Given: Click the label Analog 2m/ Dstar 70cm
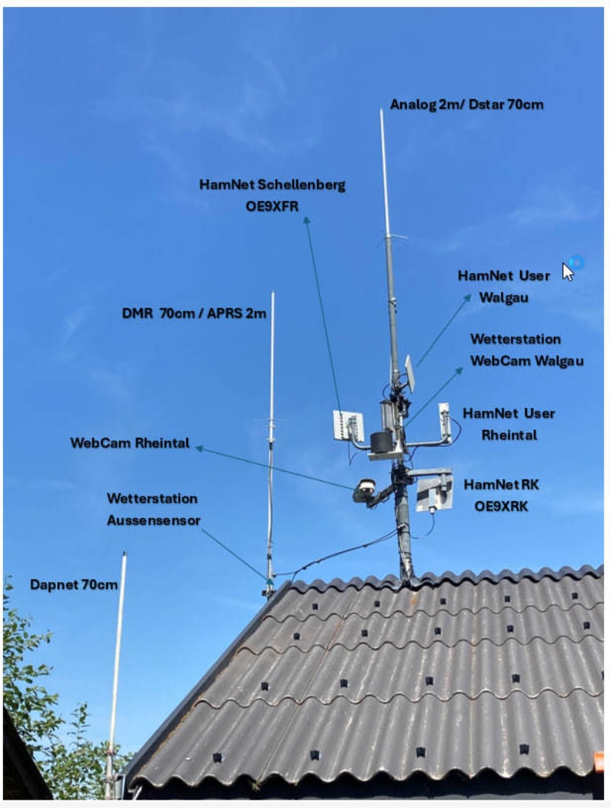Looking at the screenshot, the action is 466,105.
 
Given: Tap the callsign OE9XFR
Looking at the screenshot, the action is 272,207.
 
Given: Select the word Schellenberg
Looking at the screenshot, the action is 302,185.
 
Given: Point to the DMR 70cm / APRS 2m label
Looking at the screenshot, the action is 194,313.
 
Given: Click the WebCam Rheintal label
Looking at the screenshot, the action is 130,443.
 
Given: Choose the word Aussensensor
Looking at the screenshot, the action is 154,520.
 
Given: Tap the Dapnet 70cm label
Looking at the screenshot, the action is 73,585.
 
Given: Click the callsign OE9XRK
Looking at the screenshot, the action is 501,506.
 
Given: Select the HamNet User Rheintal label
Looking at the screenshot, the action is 509,424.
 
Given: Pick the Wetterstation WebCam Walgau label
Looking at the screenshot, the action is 526,350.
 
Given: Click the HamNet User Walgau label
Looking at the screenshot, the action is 503,286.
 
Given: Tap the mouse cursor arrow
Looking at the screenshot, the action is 567,272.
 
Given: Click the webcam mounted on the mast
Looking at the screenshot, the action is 364,490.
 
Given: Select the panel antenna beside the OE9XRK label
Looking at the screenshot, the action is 434,493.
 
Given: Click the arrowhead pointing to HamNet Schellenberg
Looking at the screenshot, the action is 306,220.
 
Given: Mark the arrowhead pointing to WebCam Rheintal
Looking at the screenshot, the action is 199,449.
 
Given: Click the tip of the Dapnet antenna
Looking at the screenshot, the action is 124,553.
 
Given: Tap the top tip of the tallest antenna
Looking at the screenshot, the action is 380,110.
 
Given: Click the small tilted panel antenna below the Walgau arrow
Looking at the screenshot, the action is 410,373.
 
